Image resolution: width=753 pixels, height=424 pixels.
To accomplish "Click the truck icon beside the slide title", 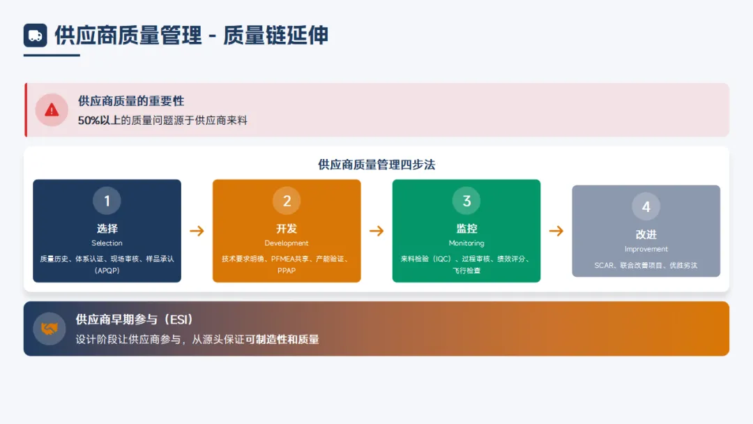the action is pyautogui.click(x=35, y=36).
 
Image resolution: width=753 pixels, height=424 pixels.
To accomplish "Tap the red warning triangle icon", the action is pyautogui.click(x=52, y=109).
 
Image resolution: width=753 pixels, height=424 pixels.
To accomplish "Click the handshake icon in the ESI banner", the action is pyautogui.click(x=48, y=328).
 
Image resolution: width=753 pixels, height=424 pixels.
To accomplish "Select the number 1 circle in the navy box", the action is pyautogui.click(x=107, y=202).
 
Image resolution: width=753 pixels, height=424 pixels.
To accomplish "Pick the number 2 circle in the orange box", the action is pyautogui.click(x=287, y=202).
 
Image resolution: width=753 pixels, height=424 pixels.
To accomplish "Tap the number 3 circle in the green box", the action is pyautogui.click(x=466, y=202).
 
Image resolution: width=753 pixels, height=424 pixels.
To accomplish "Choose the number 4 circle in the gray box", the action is pyautogui.click(x=646, y=207).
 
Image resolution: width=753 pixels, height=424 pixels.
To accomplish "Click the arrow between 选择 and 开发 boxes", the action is pyautogui.click(x=197, y=231).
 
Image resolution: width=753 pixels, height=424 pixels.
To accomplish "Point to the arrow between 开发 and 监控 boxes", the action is pyautogui.click(x=376, y=231).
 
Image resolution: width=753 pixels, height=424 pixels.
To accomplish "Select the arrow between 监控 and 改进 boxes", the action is pyautogui.click(x=556, y=231).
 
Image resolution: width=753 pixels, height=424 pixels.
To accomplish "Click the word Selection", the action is pyautogui.click(x=107, y=243).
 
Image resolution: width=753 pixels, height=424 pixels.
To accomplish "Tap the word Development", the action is pyautogui.click(x=287, y=243).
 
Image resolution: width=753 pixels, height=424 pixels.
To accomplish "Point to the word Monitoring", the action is pyautogui.click(x=466, y=243).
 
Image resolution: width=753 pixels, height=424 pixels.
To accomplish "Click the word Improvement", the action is pyautogui.click(x=646, y=249).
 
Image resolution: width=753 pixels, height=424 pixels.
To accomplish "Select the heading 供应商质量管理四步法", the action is pyautogui.click(x=376, y=165).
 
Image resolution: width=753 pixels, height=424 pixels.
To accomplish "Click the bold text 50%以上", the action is pyautogui.click(x=100, y=121).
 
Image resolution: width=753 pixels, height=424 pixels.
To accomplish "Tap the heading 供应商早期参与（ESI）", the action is pyautogui.click(x=135, y=319).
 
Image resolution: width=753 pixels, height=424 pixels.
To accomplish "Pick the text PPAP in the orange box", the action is pyautogui.click(x=287, y=271).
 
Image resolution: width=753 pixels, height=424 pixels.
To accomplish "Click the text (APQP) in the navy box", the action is pyautogui.click(x=107, y=271).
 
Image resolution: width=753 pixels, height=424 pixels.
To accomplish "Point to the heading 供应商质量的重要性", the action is pyautogui.click(x=131, y=102).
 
